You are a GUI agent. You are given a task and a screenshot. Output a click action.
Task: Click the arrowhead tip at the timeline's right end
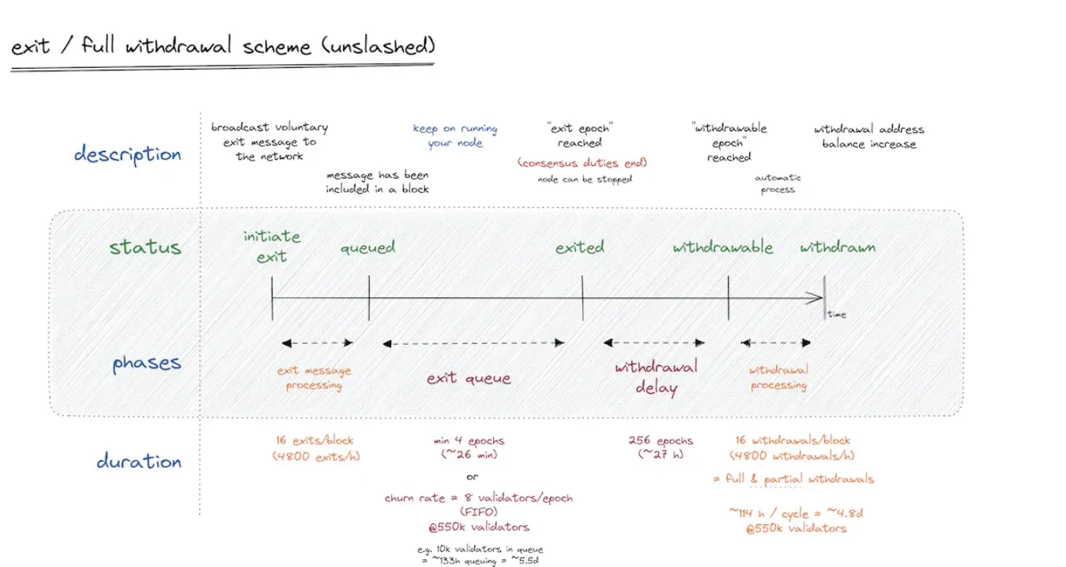click(823, 298)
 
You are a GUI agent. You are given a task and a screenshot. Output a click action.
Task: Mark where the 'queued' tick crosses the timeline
click(369, 298)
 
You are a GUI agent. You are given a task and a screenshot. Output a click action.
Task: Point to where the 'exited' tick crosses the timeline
click(582, 298)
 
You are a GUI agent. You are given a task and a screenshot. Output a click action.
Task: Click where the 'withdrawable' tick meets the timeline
click(728, 298)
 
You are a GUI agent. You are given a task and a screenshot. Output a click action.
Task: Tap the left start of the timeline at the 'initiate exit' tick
click(272, 298)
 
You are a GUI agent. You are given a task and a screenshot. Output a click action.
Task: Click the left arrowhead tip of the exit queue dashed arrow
click(383, 344)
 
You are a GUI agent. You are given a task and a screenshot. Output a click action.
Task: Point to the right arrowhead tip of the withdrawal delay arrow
click(705, 342)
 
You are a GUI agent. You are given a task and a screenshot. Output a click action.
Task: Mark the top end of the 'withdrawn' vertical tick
click(824, 276)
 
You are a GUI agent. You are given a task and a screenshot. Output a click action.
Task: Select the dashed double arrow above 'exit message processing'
click(318, 342)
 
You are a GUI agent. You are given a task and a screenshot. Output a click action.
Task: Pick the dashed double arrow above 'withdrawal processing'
click(776, 342)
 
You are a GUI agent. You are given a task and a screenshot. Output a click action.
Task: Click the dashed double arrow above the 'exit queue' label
click(473, 343)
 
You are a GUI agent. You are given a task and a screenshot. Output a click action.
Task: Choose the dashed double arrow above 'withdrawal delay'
click(654, 342)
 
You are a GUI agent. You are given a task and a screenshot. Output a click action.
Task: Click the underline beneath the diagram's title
click(222, 67)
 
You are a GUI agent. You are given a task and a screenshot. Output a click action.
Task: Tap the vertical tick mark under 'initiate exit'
click(272, 298)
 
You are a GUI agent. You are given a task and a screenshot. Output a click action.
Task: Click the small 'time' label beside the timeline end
click(837, 314)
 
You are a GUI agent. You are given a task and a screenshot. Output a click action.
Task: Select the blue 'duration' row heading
click(139, 461)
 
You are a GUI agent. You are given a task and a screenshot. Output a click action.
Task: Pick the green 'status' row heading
click(145, 247)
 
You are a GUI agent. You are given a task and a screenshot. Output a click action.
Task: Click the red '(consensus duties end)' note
click(582, 163)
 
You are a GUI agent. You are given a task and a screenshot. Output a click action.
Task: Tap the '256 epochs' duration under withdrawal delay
click(661, 440)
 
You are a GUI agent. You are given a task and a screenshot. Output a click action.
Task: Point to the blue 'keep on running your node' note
click(455, 135)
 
